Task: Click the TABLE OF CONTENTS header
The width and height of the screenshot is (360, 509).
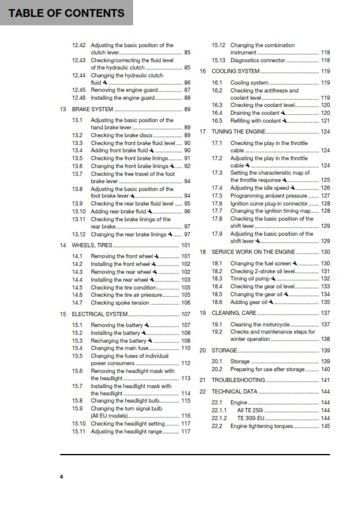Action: (67, 13)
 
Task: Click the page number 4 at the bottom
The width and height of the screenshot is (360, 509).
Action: (61, 478)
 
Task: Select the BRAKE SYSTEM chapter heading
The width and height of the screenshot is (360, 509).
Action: (89, 109)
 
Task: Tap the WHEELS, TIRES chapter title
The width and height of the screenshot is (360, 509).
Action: (89, 245)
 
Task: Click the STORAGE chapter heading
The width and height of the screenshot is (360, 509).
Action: (224, 351)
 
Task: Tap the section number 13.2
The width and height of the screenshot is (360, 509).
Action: (77, 135)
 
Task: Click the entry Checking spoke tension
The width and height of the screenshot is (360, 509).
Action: (119, 302)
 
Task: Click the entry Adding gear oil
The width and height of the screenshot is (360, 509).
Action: (247, 302)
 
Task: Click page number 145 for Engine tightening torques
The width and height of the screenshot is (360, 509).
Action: (325, 426)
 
